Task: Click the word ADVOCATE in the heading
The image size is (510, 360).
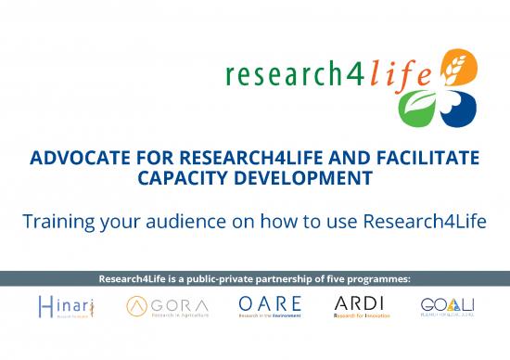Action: tap(77, 160)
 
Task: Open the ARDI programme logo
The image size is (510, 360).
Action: tap(362, 307)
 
